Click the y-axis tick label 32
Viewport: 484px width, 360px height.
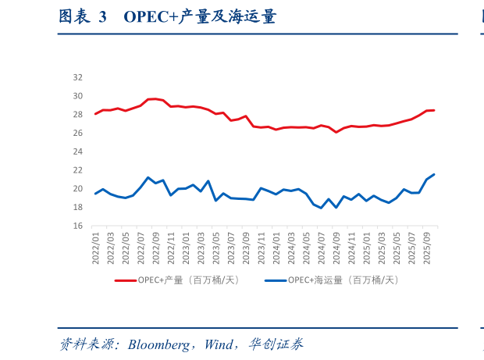77,77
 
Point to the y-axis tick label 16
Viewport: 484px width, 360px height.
77,226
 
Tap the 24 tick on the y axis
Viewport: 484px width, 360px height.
77,151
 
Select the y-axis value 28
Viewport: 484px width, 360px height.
77,114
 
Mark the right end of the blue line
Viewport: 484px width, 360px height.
434,174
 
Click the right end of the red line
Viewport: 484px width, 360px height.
434,110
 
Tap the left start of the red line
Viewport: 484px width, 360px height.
95,114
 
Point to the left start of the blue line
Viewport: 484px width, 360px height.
95,194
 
